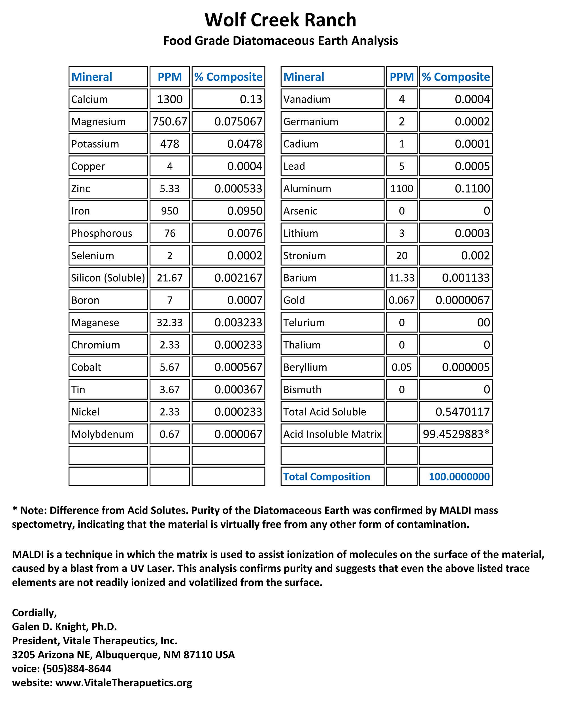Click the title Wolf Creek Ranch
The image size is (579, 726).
click(280, 20)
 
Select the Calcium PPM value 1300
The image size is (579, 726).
click(170, 99)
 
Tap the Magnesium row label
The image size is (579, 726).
click(98, 122)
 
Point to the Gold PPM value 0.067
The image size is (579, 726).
click(401, 300)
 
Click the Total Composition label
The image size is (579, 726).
click(326, 476)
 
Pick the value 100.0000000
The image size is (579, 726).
click(459, 476)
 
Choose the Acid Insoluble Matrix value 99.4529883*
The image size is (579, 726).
click(456, 434)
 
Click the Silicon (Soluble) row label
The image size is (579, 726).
click(108, 278)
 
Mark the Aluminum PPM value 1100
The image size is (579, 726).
click(401, 189)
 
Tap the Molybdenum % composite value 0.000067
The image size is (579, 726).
click(238, 434)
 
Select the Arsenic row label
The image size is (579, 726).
click(300, 211)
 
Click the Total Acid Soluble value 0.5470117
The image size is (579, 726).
click(462, 412)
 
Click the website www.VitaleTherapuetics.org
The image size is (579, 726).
click(124, 683)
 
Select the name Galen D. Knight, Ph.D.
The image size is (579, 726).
click(64, 626)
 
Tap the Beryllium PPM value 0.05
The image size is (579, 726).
click(401, 367)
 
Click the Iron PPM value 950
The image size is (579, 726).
click(170, 211)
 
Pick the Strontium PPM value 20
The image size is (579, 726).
click(401, 256)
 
